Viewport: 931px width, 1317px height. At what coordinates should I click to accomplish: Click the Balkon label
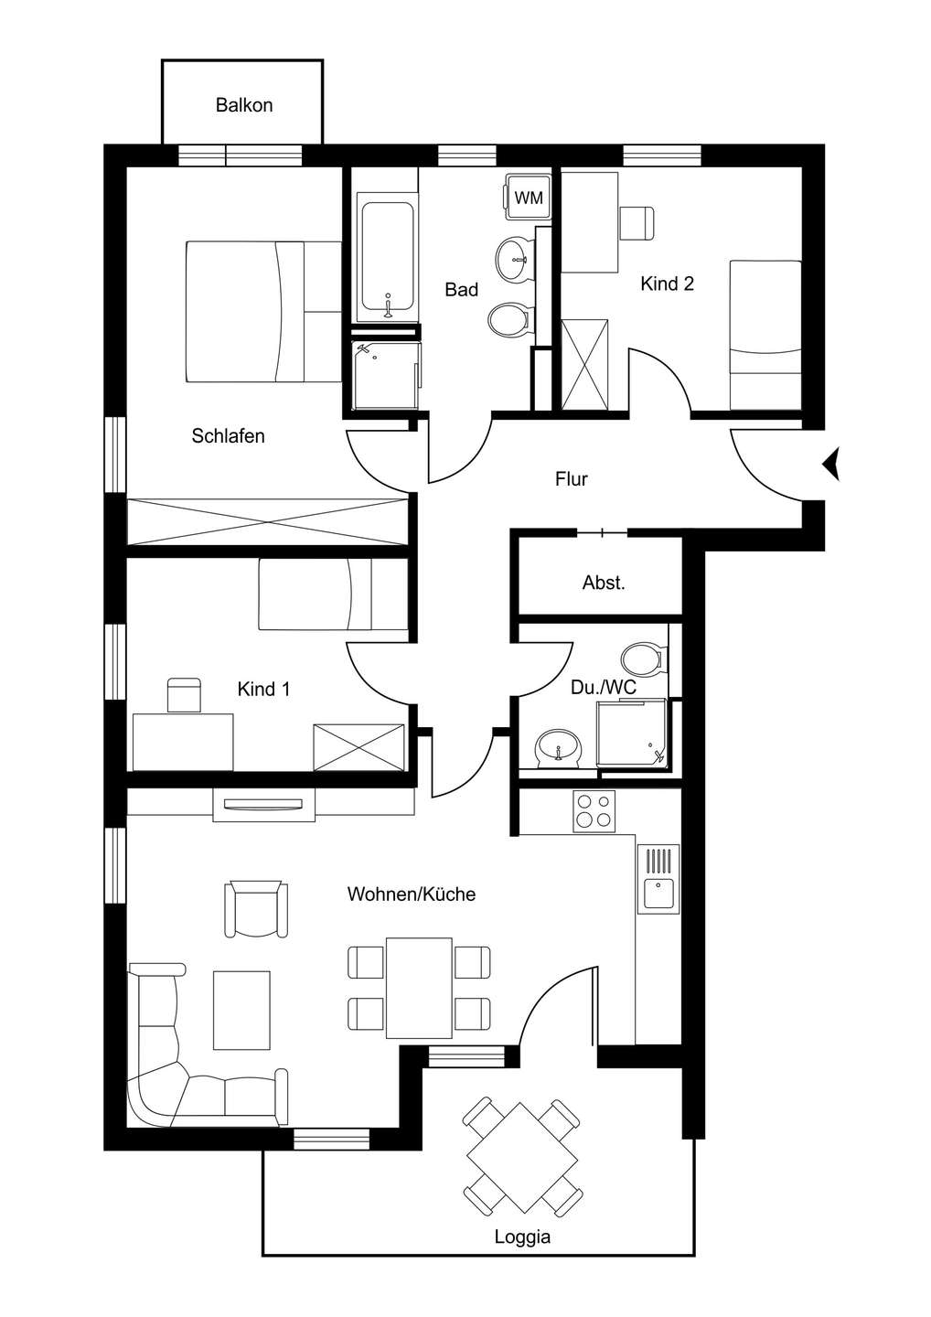tap(244, 105)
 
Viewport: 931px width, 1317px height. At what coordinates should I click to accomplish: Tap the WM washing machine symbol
tap(529, 197)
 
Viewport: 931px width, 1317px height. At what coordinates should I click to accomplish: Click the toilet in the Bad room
tap(508, 321)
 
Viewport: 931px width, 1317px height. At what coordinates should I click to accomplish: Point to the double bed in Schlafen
tap(263, 312)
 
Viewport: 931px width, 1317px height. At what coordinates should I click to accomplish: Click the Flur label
tap(572, 479)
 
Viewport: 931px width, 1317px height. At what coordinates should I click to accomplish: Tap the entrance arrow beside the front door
tap(831, 465)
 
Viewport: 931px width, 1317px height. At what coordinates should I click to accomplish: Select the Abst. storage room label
tap(604, 583)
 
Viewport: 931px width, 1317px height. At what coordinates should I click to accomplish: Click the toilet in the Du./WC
tap(644, 658)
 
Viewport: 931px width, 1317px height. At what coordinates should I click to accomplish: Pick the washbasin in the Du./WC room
tap(558, 748)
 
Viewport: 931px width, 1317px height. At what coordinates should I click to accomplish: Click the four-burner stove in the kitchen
tap(594, 810)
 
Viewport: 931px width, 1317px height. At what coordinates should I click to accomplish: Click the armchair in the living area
tap(256, 908)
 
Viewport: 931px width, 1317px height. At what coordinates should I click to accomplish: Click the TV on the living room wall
tap(264, 804)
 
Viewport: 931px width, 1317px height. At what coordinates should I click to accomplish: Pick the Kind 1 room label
tap(263, 689)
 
